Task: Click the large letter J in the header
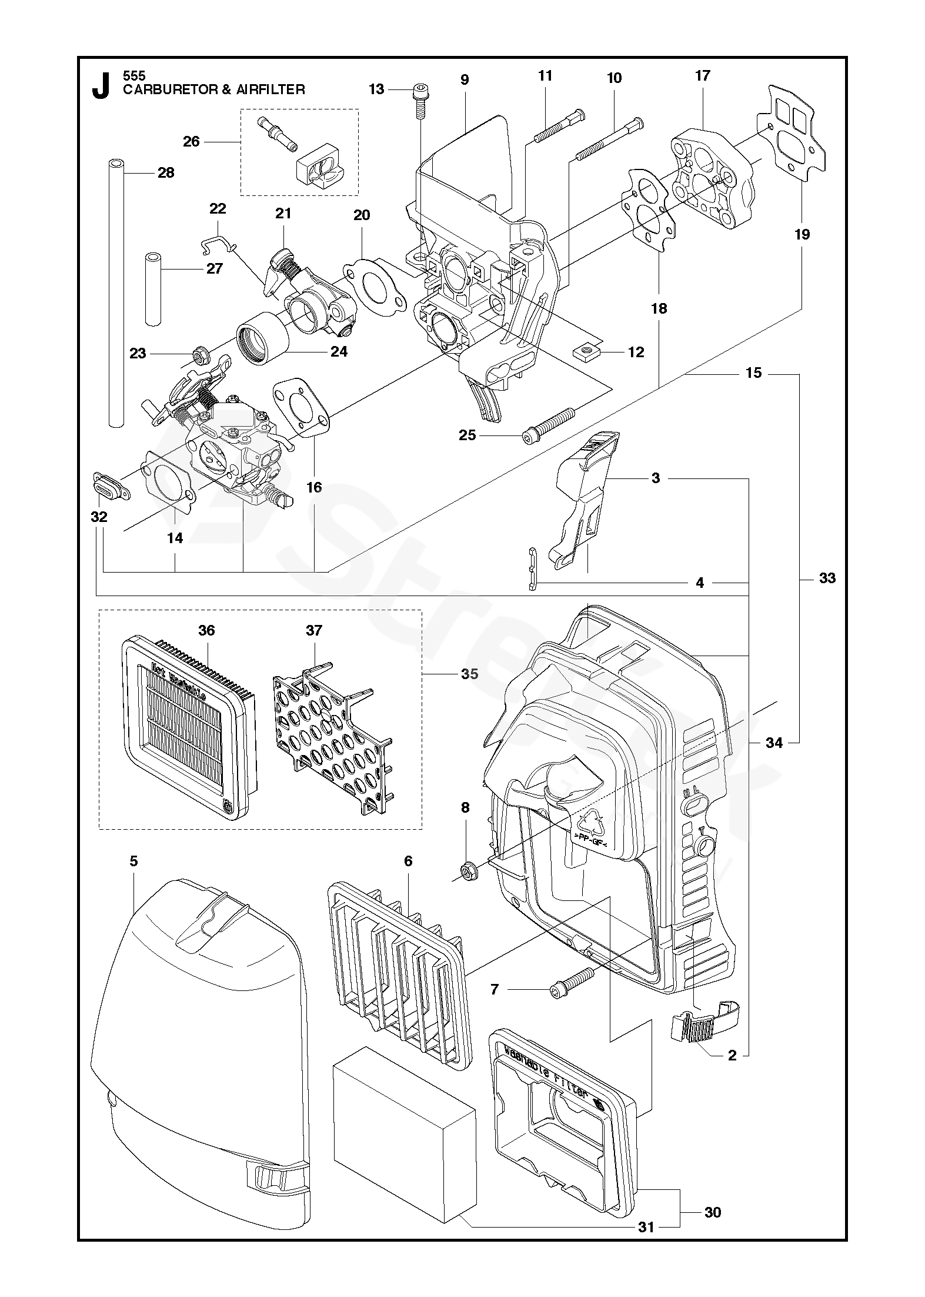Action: pos(101,86)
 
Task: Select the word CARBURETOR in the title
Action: pos(162,89)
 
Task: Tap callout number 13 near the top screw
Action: pos(376,89)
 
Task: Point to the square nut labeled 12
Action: pos(585,351)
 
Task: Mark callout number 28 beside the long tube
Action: pos(166,172)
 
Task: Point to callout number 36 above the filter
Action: pos(206,630)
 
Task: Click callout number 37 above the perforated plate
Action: pos(314,630)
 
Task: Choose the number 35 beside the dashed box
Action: pos(469,674)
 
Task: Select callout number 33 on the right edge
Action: pos(827,578)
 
